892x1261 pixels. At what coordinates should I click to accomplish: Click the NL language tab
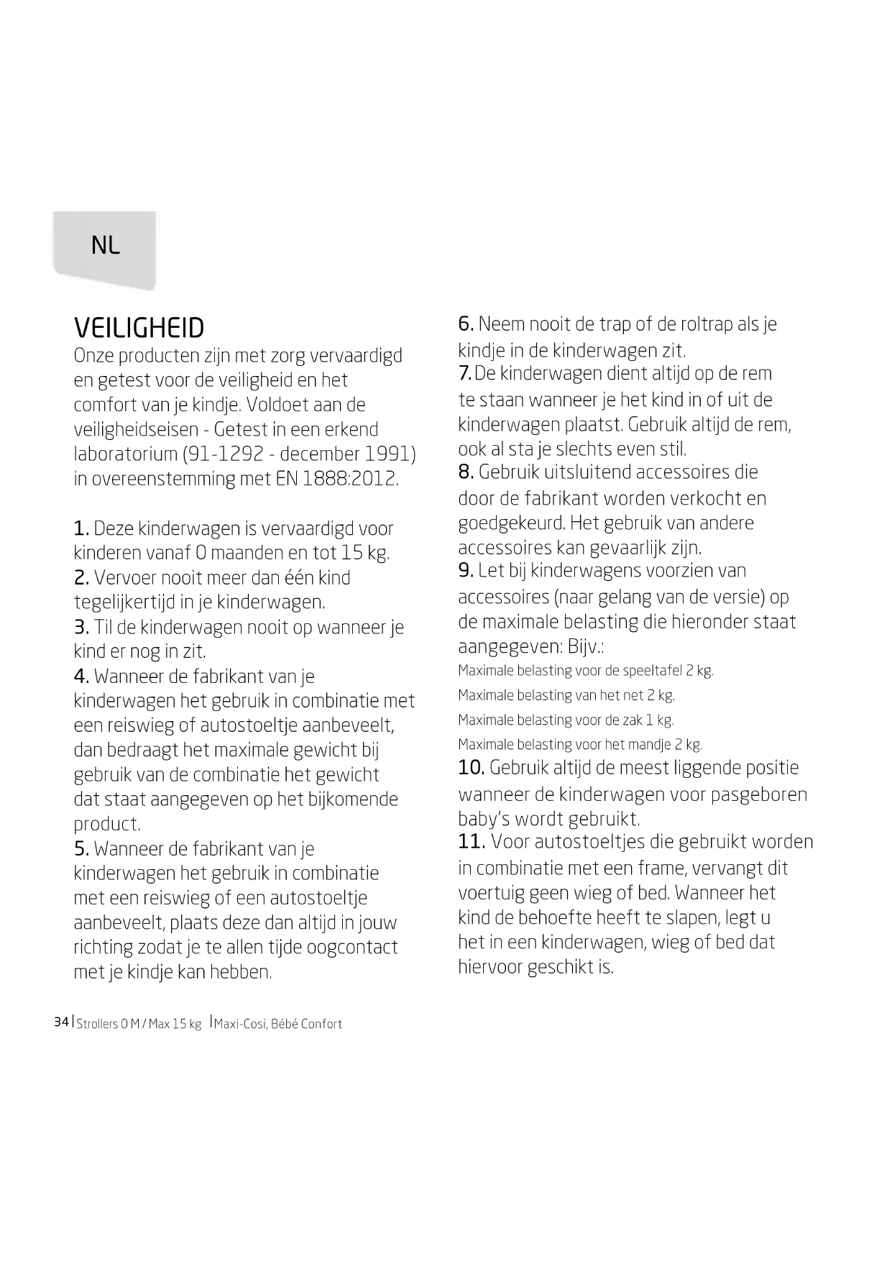tap(106, 246)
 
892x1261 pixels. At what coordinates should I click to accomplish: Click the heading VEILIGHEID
tap(139, 329)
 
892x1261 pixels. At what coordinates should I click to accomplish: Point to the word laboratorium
tap(126, 454)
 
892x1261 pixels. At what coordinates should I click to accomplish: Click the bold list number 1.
tap(81, 529)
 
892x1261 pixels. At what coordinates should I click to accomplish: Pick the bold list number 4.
tap(81, 677)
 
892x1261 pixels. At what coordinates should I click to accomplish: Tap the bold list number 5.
tap(81, 849)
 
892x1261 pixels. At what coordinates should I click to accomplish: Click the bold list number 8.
tap(466, 472)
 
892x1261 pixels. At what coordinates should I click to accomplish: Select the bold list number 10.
tap(471, 768)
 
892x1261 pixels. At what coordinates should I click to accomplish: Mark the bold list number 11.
tap(472, 842)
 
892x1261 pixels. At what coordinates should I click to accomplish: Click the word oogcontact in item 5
tap(351, 948)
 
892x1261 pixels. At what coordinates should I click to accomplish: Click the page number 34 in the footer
tap(61, 1022)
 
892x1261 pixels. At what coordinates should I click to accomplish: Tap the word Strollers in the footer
tap(97, 1024)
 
